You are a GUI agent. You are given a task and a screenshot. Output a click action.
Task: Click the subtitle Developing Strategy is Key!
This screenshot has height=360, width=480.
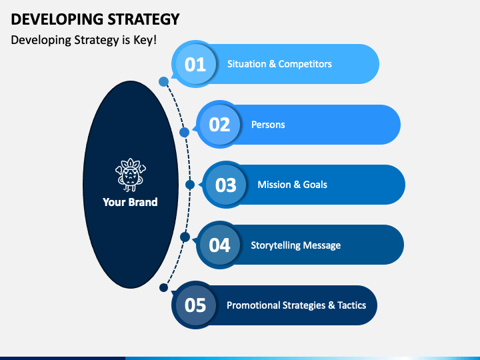click(x=84, y=39)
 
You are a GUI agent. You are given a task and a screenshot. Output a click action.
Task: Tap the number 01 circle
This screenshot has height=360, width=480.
click(x=195, y=64)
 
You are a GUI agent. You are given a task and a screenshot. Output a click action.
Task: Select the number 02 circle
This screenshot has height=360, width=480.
click(x=219, y=125)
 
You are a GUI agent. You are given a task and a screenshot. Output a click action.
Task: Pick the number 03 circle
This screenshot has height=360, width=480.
click(x=226, y=185)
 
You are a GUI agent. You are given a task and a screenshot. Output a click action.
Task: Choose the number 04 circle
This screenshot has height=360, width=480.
click(x=219, y=245)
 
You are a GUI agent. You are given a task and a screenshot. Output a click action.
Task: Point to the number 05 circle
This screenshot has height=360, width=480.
click(x=195, y=305)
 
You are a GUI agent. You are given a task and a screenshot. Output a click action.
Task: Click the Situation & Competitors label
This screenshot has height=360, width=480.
click(x=279, y=64)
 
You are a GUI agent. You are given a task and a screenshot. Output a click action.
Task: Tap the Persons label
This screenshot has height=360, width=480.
click(x=268, y=125)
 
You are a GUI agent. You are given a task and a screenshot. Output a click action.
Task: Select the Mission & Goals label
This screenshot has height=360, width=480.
click(x=292, y=185)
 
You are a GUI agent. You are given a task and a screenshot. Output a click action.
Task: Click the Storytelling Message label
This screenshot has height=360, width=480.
click(x=295, y=245)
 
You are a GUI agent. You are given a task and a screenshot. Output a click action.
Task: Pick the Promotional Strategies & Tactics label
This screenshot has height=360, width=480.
click(x=296, y=305)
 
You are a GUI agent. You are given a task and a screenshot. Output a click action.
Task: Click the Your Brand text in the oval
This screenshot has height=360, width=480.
click(x=130, y=201)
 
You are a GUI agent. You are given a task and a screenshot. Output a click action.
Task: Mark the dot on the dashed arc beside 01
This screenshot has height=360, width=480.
click(x=163, y=81)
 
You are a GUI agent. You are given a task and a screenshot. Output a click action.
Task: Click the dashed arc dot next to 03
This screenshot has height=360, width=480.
click(x=190, y=185)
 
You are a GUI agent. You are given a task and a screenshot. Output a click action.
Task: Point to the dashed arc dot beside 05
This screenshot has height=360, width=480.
click(x=163, y=288)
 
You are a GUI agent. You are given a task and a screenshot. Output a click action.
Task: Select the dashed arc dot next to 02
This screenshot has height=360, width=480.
click(x=185, y=132)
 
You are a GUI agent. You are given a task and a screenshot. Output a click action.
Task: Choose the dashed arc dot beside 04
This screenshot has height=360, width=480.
click(x=185, y=237)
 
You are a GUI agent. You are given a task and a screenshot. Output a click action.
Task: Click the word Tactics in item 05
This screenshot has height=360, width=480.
click(x=351, y=305)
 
